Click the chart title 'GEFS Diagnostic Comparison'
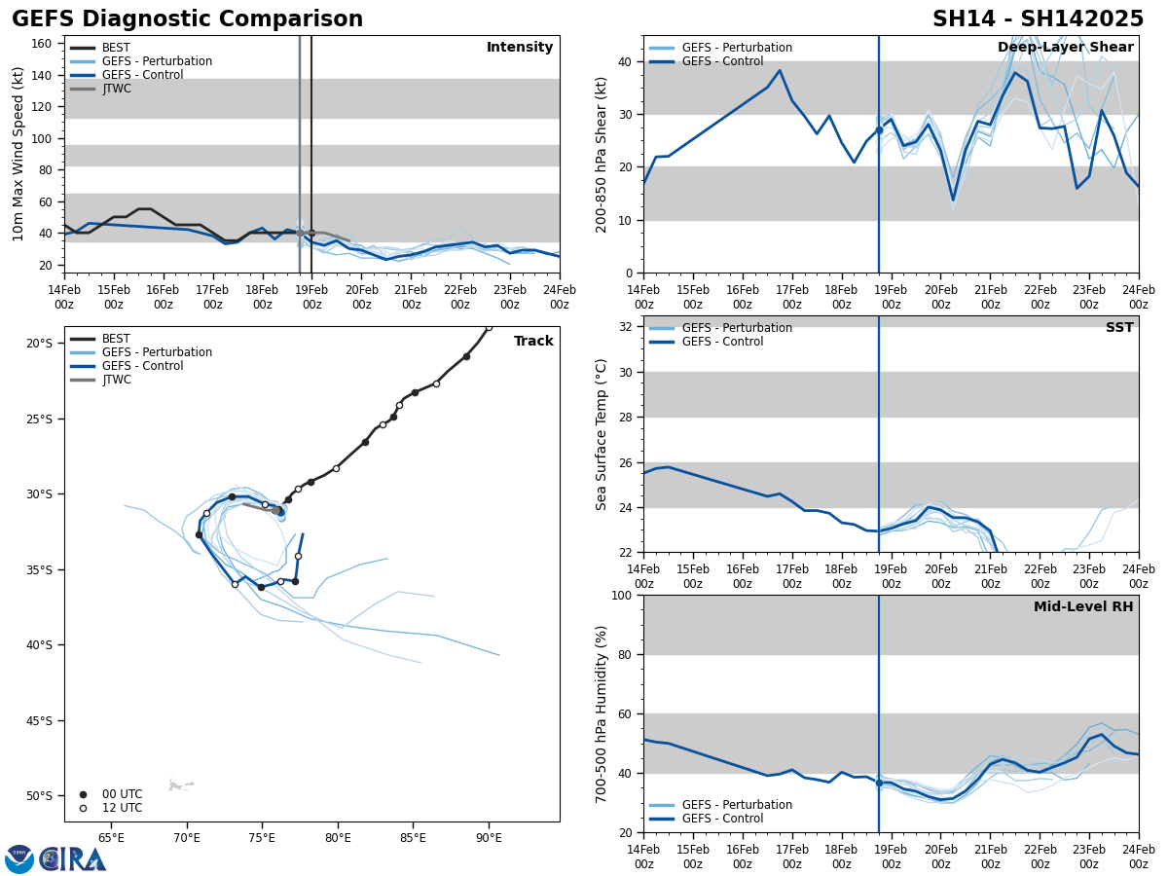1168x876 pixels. tap(187, 19)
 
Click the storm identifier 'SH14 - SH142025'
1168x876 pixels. tap(1038, 19)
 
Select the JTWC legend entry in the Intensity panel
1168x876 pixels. tap(116, 89)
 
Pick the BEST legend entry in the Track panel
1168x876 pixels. tap(116, 339)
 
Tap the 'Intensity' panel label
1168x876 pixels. tap(520, 48)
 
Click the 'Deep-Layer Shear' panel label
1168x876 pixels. tap(1065, 48)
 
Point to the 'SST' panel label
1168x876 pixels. tap(1119, 328)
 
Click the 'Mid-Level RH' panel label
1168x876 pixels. tap(1083, 607)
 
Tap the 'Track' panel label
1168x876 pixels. tap(533, 342)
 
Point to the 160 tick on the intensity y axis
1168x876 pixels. tap(42, 44)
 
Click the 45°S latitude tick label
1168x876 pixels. tap(39, 720)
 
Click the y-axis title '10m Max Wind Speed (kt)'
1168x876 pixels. tap(18, 154)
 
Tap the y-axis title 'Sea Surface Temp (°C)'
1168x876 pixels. tap(602, 434)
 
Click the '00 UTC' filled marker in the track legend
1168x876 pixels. tap(83, 794)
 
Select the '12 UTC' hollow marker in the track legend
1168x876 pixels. tap(83, 808)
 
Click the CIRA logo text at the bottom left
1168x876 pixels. tap(73, 859)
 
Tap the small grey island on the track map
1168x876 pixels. tap(179, 785)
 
